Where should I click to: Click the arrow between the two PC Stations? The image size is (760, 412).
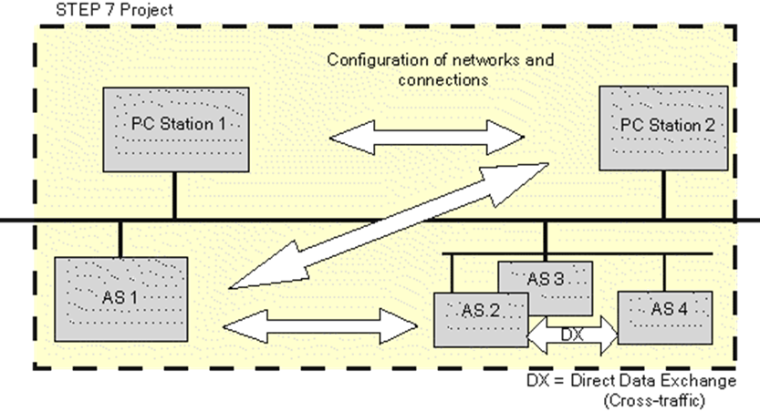426,138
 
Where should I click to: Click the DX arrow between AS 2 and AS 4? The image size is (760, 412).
573,335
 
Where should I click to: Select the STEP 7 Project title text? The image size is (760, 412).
91,8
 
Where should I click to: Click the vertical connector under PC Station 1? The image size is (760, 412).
175,197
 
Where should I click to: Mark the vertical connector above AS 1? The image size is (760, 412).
120,239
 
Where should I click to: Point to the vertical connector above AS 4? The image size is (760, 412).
663,272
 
